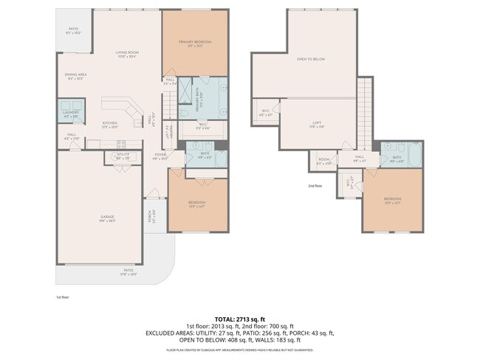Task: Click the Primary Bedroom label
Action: [195, 43]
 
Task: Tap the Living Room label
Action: [127, 53]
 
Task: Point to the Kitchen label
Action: [110, 123]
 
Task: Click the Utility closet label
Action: [122, 156]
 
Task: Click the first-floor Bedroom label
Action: [196, 202]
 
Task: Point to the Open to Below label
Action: [311, 58]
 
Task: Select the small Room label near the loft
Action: [324, 160]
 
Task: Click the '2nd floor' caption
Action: [315, 186]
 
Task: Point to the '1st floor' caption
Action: [62, 297]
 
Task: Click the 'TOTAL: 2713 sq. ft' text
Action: [240, 319]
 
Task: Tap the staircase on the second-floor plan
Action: [363, 111]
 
